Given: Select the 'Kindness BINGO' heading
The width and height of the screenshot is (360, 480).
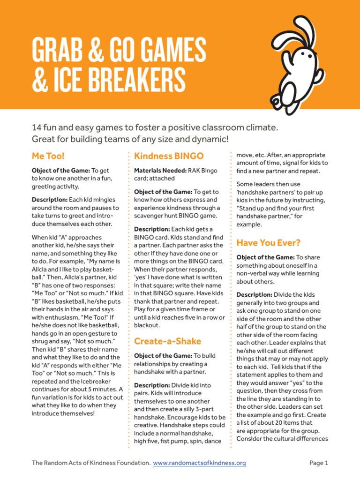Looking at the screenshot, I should click(x=169, y=155).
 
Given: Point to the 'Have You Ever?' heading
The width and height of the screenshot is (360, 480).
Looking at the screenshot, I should click(x=268, y=242).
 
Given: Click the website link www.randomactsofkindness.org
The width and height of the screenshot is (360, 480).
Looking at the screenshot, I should click(x=200, y=463).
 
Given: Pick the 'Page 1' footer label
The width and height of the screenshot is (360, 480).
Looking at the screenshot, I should click(x=319, y=463).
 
